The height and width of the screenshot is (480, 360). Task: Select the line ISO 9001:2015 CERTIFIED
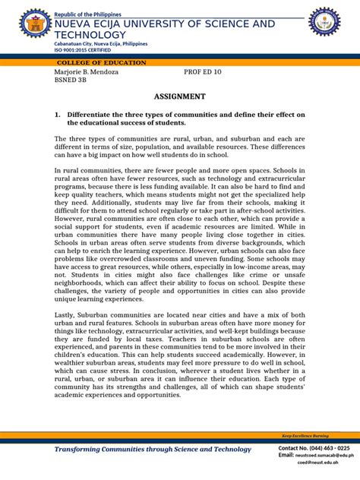coord(84,52)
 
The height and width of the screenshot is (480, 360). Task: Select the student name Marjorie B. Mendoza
coord(87,72)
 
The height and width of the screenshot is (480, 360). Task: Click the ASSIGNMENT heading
coord(180,96)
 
